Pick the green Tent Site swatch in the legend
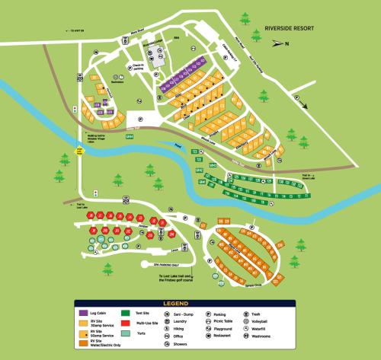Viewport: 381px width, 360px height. [x=126, y=313]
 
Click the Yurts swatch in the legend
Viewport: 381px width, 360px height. [x=126, y=333]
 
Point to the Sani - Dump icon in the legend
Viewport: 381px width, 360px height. [x=167, y=313]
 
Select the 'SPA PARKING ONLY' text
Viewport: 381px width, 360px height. [x=171, y=263]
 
